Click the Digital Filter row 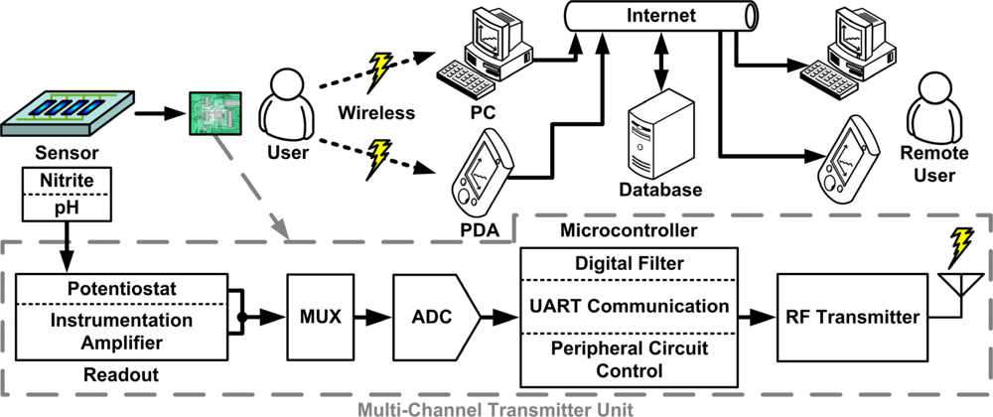click(x=630, y=264)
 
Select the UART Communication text click(x=630, y=306)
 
